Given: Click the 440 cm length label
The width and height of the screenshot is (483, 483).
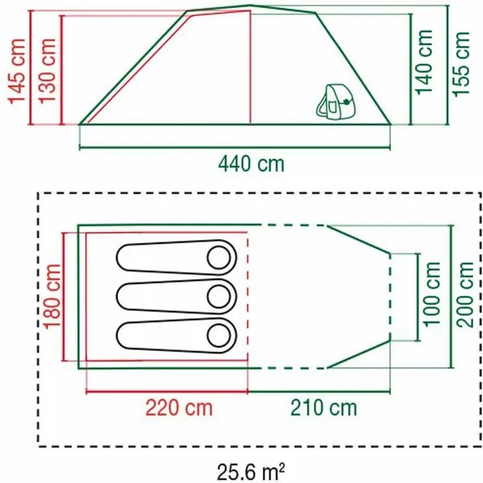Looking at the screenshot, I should (x=251, y=165).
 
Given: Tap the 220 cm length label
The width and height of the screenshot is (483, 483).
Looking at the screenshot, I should (x=180, y=408).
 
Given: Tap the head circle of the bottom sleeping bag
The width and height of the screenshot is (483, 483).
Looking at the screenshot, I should (x=219, y=334).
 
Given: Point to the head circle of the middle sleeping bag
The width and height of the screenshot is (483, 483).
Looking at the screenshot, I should (x=219, y=296).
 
